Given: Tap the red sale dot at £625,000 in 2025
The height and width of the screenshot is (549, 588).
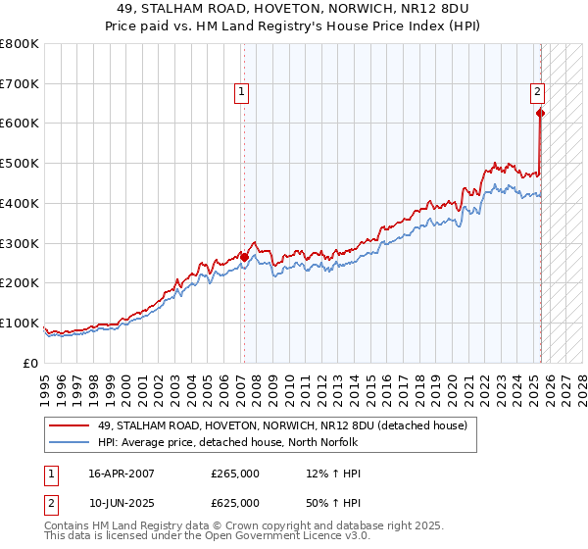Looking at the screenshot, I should (540, 113).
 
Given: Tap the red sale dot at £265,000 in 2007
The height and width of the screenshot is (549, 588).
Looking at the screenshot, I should (244, 257).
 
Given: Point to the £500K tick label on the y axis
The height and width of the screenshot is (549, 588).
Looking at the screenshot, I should (20, 164).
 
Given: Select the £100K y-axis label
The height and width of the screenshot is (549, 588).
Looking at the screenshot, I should (20, 324).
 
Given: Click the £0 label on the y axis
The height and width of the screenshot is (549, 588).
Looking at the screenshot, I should (31, 363).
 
